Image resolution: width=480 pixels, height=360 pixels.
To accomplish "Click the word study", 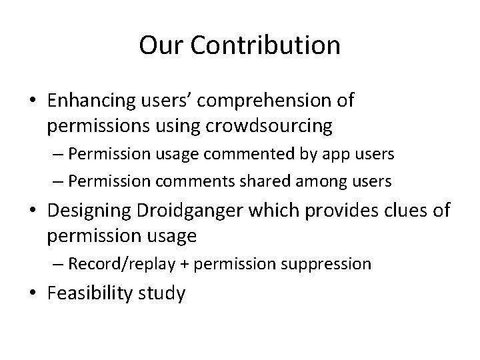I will (x=161, y=293).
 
